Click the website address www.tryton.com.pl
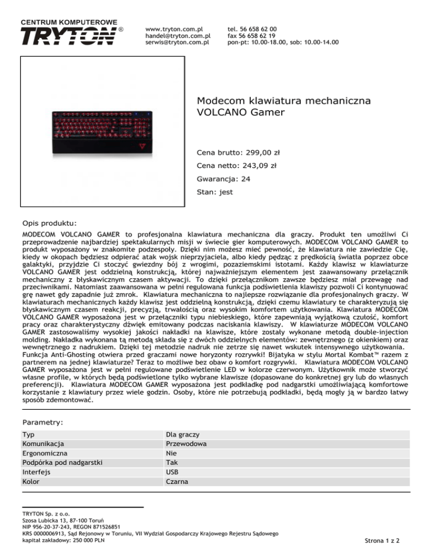point(173,28)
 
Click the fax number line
point(252,35)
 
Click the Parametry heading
point(43,421)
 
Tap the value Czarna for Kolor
point(177,482)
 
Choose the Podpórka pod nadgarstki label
point(61,463)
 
